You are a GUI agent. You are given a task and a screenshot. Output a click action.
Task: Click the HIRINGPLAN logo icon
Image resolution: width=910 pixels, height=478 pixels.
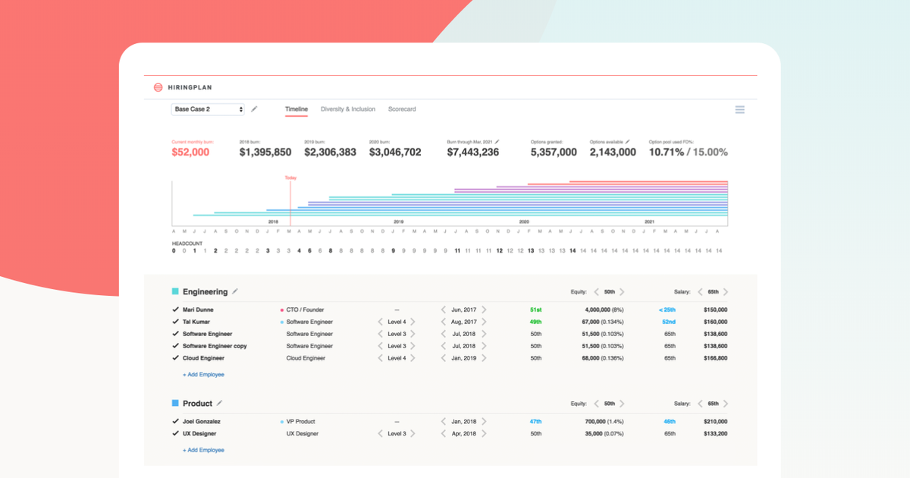coord(158,87)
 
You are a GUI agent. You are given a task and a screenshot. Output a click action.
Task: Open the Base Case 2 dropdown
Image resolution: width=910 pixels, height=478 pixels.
coord(208,109)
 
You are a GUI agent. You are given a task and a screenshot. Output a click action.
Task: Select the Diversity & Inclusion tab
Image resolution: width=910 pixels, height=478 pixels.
coord(347,109)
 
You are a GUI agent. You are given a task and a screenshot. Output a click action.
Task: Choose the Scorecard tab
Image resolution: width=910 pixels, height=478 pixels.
coord(402,109)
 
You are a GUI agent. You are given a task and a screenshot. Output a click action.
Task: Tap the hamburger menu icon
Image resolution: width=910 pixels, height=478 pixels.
coord(739,110)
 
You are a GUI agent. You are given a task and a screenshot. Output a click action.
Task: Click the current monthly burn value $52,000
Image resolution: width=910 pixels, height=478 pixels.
coord(190,153)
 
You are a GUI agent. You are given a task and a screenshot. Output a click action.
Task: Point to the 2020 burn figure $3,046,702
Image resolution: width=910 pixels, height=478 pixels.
coord(395,153)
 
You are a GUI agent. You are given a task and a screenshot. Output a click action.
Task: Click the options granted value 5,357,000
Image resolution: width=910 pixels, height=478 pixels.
coord(553,153)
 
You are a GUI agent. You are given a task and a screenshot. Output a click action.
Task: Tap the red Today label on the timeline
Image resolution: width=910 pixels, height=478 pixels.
coord(290,178)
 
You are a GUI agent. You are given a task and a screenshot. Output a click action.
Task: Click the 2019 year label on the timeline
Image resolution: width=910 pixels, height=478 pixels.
coord(398,222)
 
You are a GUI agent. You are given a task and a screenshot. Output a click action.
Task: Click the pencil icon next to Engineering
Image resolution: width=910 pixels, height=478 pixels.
coord(235,291)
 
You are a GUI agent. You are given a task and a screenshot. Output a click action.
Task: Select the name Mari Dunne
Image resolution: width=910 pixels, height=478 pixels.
coord(198,310)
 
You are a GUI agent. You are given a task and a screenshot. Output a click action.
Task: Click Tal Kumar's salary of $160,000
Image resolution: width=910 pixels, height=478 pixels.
coord(715,322)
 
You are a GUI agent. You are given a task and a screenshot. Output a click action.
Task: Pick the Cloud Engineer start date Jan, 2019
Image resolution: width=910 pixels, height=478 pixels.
coord(463,358)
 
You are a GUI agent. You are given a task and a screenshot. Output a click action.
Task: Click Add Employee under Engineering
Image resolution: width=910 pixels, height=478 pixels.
coord(203,375)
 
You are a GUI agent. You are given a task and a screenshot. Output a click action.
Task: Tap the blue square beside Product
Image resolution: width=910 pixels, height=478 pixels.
coord(175,404)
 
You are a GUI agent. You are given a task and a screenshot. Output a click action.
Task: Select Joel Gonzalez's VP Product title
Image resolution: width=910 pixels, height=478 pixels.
coord(300,422)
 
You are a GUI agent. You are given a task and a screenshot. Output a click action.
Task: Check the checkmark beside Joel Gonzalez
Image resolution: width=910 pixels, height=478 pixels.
coord(175,421)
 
